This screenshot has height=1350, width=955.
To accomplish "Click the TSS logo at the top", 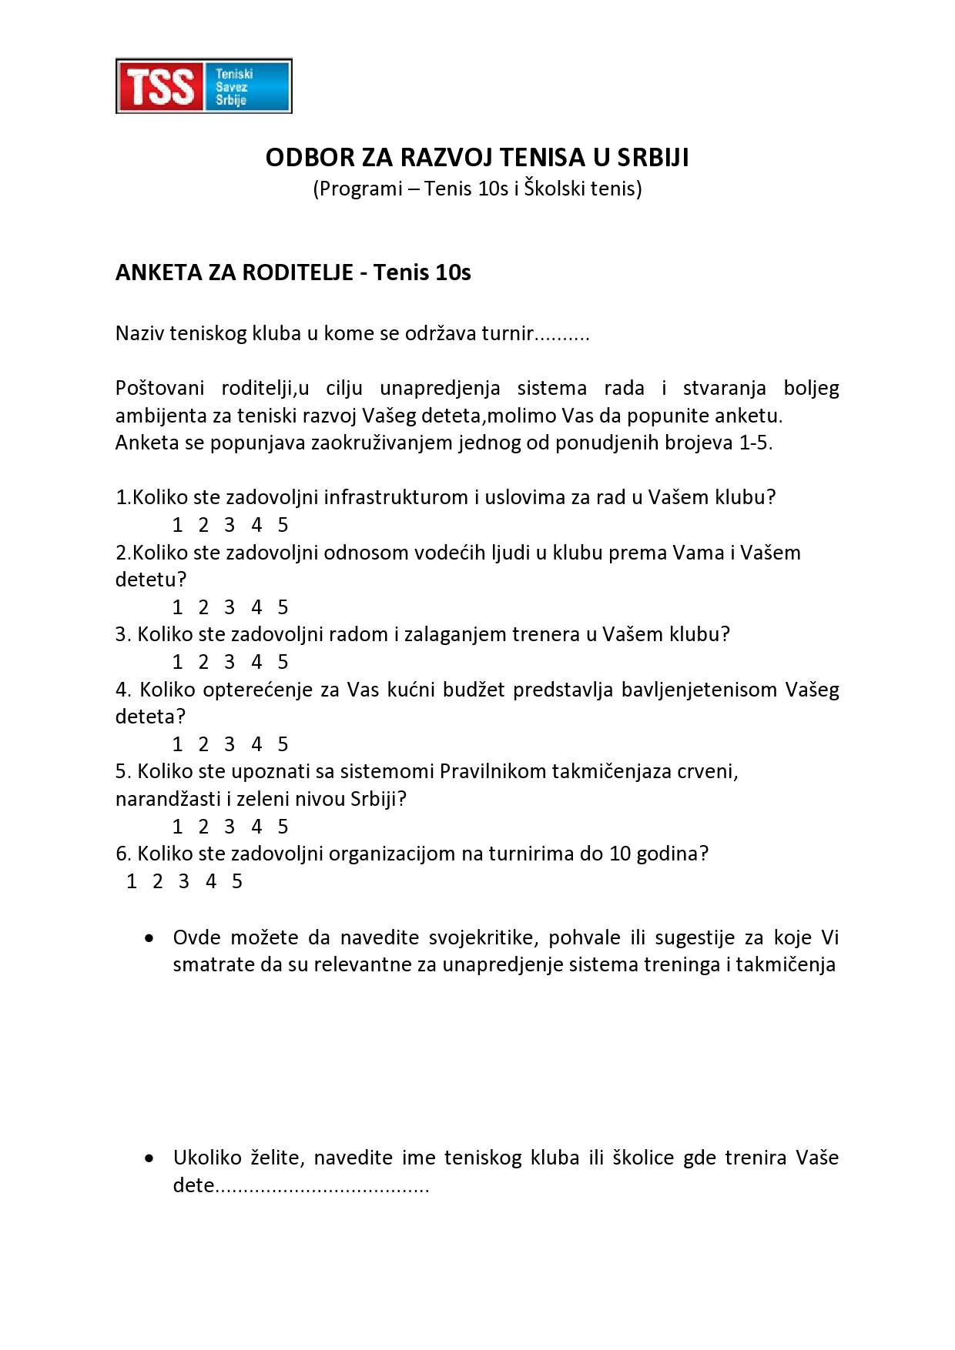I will coord(203,86).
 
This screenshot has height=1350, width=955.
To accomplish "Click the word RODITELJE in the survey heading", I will coord(298,272).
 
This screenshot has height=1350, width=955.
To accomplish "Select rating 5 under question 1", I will coord(283,525).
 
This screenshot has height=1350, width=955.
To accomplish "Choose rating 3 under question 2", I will coord(230,607).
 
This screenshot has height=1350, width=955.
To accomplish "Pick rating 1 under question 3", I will coord(178,662).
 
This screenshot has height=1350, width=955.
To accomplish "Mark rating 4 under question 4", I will coord(256,744).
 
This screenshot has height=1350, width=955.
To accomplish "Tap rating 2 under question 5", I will coord(203,827).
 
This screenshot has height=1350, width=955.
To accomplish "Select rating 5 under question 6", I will coord(237,881).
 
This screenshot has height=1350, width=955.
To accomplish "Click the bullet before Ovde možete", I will coord(149,938).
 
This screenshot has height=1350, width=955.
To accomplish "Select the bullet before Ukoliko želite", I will coord(149,1158).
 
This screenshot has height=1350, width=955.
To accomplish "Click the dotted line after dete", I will coord(322,1186).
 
